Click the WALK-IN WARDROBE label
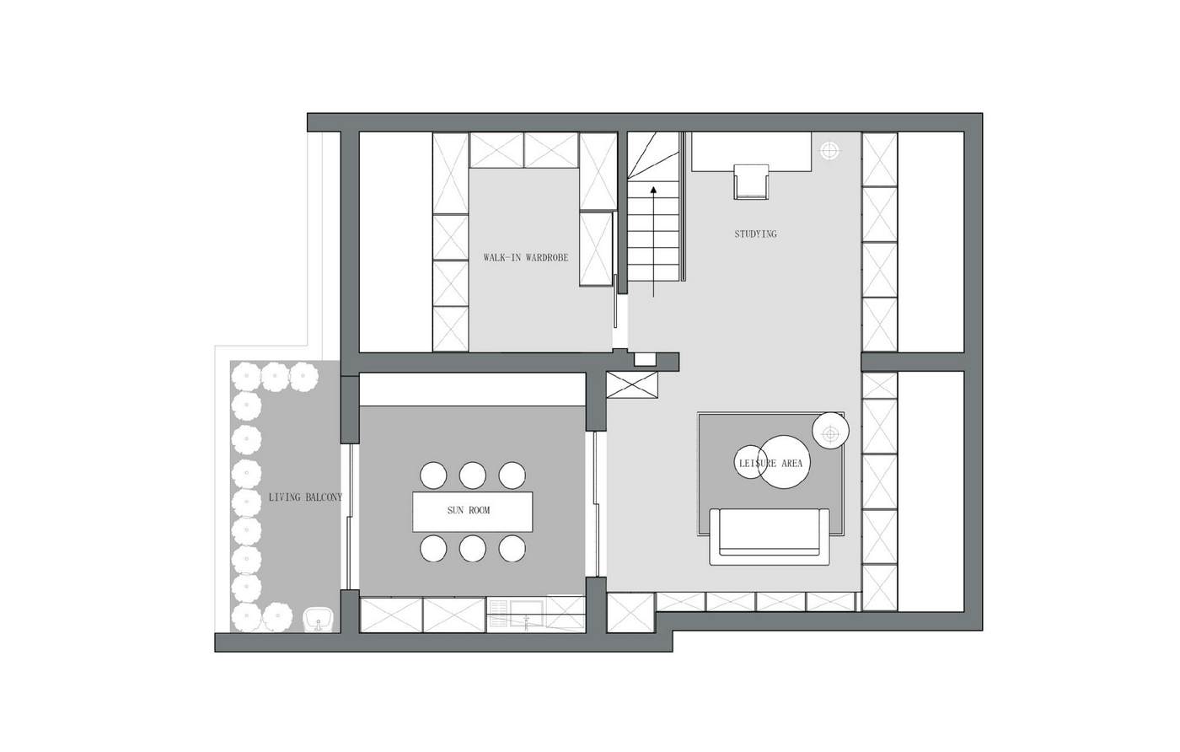click(526, 258)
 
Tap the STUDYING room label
click(755, 234)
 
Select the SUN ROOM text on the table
click(469, 510)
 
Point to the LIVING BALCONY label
click(305, 497)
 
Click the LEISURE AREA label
click(770, 464)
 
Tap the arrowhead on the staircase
click(653, 191)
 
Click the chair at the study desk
click(751, 182)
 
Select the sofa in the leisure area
click(770, 536)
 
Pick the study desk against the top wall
click(751, 152)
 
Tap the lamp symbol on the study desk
click(829, 151)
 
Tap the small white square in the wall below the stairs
click(645, 360)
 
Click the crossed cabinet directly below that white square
click(632, 385)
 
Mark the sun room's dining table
click(473, 512)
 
